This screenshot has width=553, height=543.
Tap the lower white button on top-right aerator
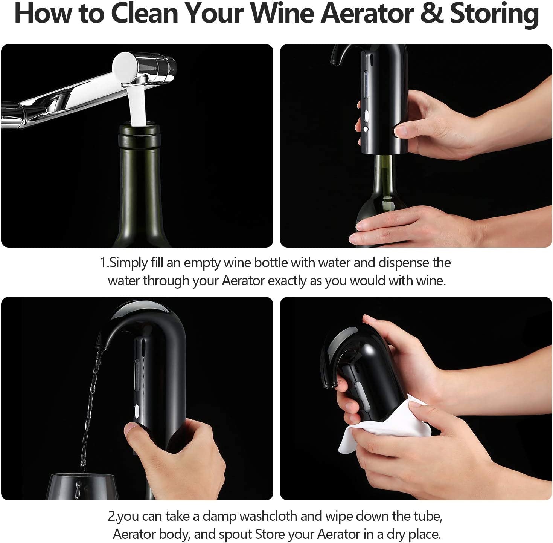pos(366,129)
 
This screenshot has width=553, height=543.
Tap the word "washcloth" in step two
pos(268,516)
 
